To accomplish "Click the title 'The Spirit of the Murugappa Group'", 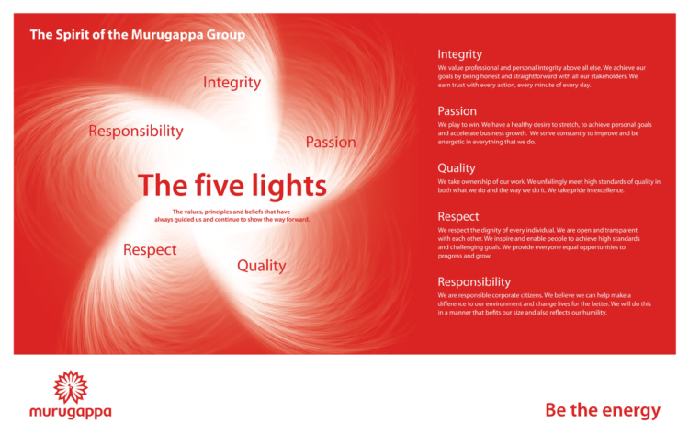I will [137, 35].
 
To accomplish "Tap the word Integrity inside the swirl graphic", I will [232, 83].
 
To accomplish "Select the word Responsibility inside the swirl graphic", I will [135, 132].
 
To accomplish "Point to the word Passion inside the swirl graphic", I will [330, 142].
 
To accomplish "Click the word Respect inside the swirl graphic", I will [150, 249].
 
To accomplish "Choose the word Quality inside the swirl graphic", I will [261, 266].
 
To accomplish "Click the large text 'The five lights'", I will [232, 186].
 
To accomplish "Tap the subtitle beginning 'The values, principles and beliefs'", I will [232, 215].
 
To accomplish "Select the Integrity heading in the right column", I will [459, 54].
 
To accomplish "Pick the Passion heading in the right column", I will [457, 111].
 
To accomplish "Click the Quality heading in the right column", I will [456, 168].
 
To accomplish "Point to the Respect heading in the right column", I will [457, 216].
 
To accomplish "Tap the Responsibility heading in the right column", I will [473, 281].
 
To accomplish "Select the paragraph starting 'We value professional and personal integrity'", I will [542, 75].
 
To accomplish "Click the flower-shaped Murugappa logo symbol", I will [70, 385].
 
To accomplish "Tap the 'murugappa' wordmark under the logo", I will [70, 411].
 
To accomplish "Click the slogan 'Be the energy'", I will [602, 409].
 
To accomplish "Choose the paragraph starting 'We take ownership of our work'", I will [547, 186].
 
